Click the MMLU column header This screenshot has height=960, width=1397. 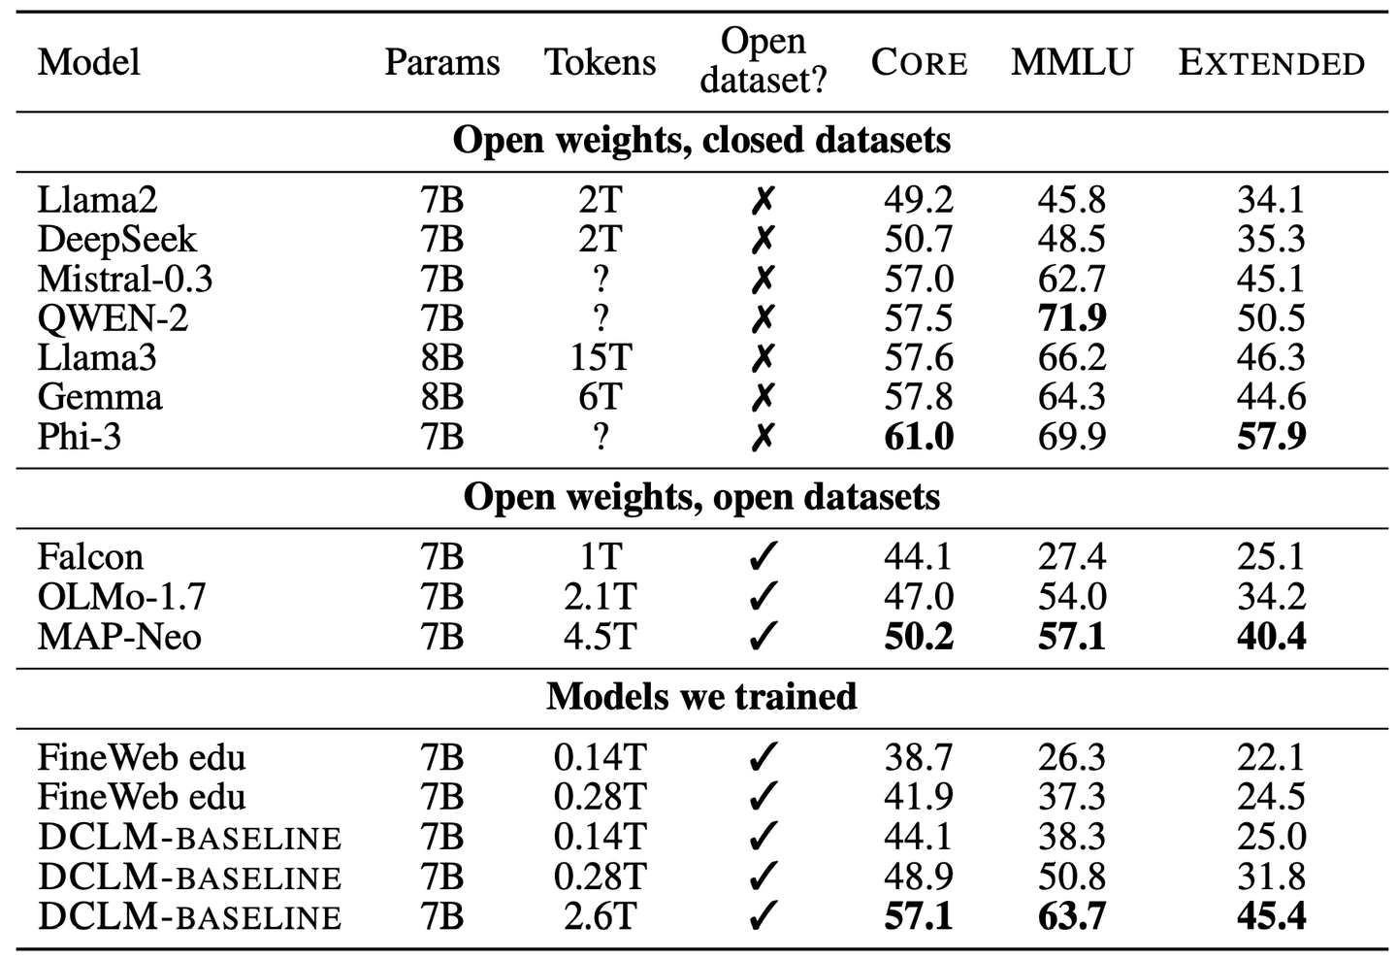click(1071, 62)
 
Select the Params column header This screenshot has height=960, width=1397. click(441, 62)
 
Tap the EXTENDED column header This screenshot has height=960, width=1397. click(1271, 62)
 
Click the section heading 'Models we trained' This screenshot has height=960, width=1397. click(700, 696)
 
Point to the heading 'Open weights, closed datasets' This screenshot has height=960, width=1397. click(700, 140)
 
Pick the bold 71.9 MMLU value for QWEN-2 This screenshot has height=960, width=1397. click(1071, 318)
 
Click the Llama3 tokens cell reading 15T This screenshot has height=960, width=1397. click(600, 358)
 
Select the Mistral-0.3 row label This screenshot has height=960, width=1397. click(125, 280)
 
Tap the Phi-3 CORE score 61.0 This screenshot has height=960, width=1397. click(918, 438)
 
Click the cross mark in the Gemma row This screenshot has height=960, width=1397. click(763, 398)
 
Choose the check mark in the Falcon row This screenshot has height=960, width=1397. click(763, 557)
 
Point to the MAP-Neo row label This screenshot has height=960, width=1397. click(119, 637)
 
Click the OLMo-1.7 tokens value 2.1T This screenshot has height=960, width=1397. click(600, 597)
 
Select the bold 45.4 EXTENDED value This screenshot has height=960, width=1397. click(1271, 916)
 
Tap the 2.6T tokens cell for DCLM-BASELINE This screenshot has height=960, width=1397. click(600, 916)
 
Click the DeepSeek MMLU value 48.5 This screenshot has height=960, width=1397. click(1071, 240)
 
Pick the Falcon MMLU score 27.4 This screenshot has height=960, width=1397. click(1071, 557)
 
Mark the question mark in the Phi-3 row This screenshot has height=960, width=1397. click(600, 438)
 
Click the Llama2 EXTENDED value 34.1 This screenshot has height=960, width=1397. click(1271, 200)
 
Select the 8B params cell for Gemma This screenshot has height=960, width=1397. click(441, 398)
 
